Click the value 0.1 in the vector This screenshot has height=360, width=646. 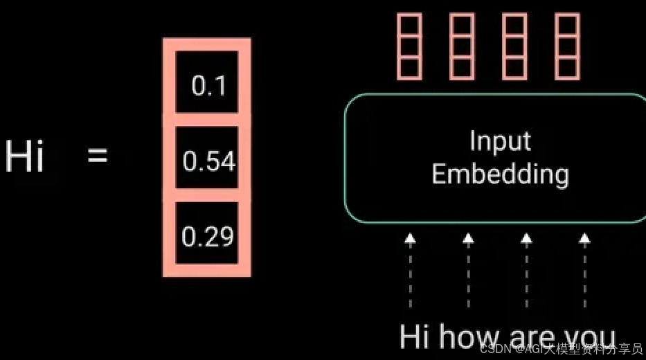[x=208, y=85]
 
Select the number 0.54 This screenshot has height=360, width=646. [x=209, y=161]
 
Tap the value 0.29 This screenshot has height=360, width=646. [x=208, y=237]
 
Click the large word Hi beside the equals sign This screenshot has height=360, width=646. [x=24, y=156]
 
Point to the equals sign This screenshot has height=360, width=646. [x=98, y=156]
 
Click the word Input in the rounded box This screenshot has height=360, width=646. [x=500, y=142]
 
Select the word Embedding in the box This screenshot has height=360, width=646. [x=500, y=174]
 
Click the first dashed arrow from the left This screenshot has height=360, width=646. [x=410, y=270]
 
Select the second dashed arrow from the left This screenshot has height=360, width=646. [x=468, y=270]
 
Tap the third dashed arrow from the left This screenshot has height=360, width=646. [x=526, y=270]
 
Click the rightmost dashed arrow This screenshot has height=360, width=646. [x=584, y=270]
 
